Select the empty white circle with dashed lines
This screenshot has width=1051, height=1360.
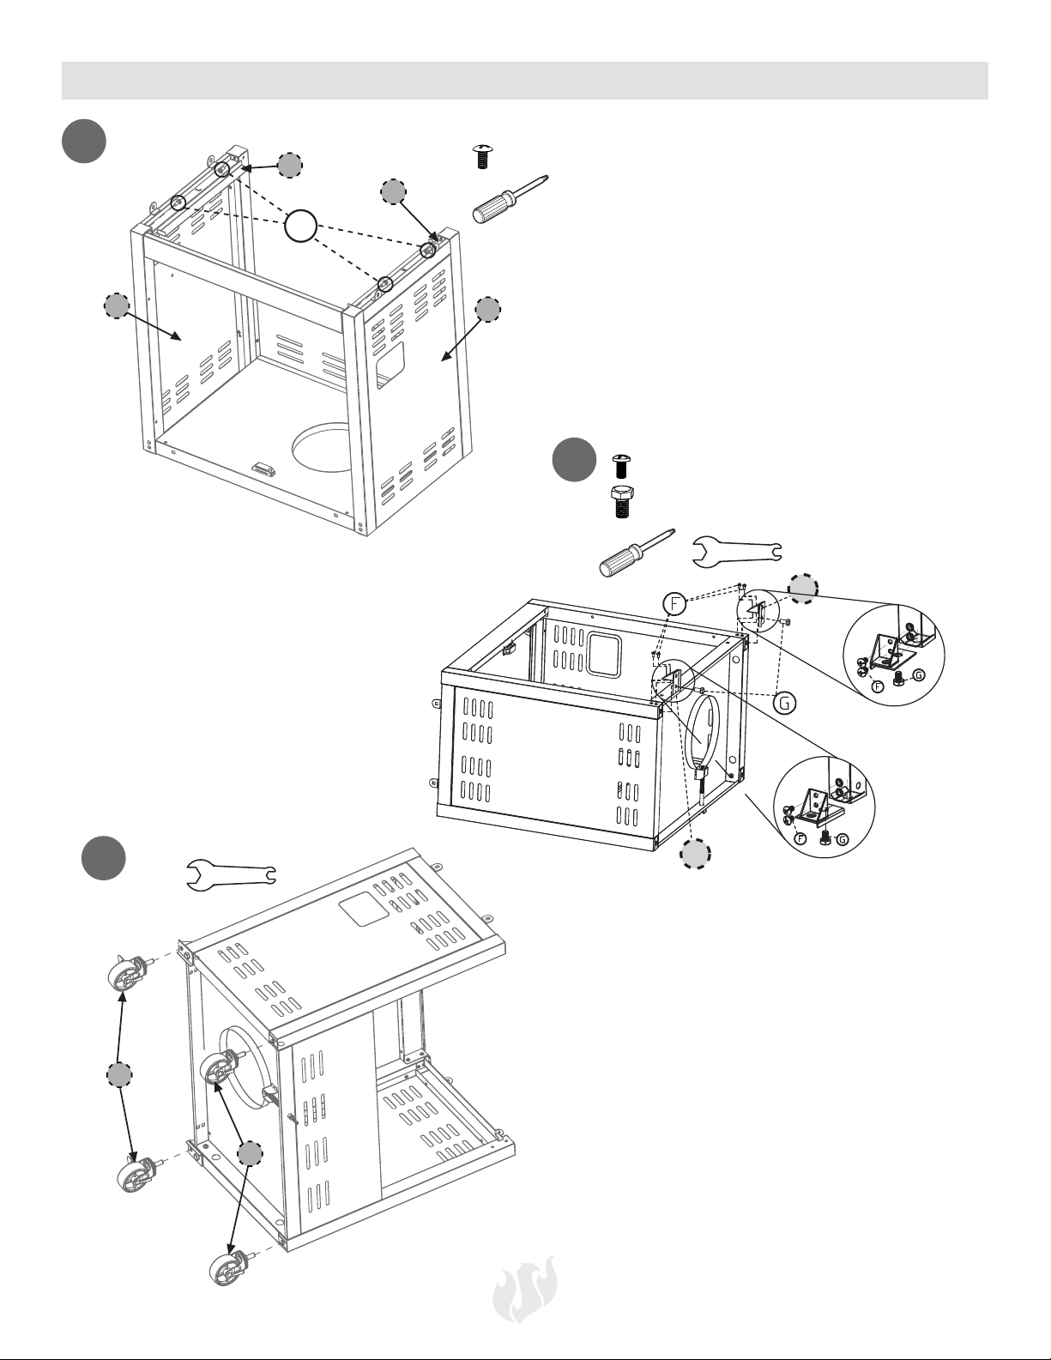point(300,227)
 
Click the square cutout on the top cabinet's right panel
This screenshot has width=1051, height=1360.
point(391,360)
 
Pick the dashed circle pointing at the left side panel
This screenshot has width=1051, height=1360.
point(117,306)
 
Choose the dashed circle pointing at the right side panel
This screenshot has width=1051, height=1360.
point(487,310)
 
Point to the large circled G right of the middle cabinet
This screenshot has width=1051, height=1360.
point(784,703)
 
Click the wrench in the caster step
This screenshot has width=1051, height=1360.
point(231,873)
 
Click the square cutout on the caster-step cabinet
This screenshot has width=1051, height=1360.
point(364,909)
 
